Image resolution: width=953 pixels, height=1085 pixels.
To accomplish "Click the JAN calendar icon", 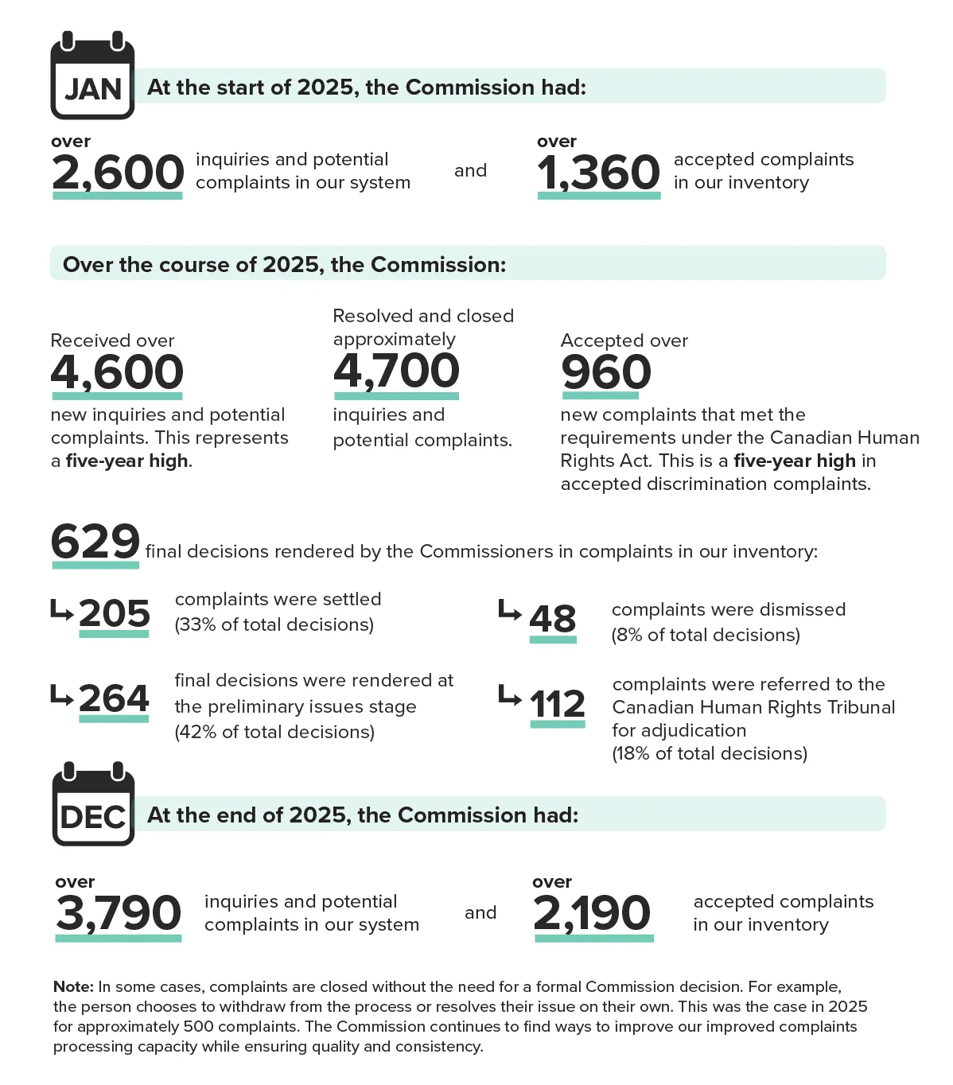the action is pyautogui.click(x=92, y=78).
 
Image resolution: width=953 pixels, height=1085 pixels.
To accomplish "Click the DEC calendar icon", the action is pyautogui.click(x=93, y=806).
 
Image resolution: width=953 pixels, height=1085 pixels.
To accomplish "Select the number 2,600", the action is pyautogui.click(x=118, y=173).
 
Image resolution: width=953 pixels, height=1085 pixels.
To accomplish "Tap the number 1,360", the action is pyautogui.click(x=598, y=173).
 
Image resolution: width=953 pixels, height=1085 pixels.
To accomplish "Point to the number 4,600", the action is pyautogui.click(x=117, y=372).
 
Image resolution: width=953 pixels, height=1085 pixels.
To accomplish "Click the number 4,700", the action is pyautogui.click(x=396, y=371).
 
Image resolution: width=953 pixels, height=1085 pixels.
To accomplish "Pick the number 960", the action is pyautogui.click(x=606, y=372).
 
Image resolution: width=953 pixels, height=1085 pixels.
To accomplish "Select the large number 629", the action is pyautogui.click(x=95, y=542).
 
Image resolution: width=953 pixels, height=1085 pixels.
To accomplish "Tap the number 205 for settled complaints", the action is pyautogui.click(x=115, y=613).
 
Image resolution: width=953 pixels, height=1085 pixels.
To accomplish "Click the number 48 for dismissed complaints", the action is pyautogui.click(x=553, y=619).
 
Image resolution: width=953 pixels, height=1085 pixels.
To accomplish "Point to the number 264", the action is pyautogui.click(x=115, y=698).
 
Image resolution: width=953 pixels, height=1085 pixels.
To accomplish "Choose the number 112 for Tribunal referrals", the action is pyautogui.click(x=558, y=704).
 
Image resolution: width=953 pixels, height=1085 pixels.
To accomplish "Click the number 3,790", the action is pyautogui.click(x=119, y=913).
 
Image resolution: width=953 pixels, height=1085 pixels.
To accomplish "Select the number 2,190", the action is pyautogui.click(x=593, y=913).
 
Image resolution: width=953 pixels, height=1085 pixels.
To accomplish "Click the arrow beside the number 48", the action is pyautogui.click(x=509, y=611).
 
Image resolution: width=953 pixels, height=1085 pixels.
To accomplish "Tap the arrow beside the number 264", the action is pyautogui.click(x=61, y=694).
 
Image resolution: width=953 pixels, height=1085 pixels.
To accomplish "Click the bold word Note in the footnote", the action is pyautogui.click(x=73, y=986).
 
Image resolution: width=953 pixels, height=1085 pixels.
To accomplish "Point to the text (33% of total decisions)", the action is pyautogui.click(x=274, y=624).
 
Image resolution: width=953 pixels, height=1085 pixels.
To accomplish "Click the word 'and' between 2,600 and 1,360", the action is pyautogui.click(x=470, y=170).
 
